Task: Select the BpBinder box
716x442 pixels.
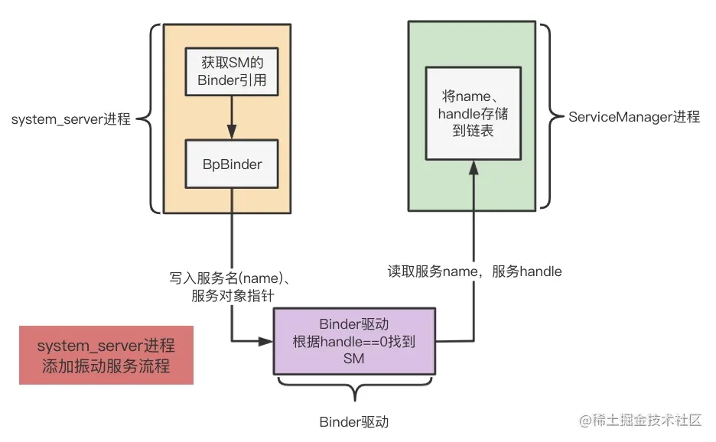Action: click(x=232, y=164)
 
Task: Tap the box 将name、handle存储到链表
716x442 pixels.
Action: click(x=473, y=114)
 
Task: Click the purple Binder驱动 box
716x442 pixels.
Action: click(x=354, y=341)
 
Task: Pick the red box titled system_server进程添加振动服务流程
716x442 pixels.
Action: click(x=106, y=356)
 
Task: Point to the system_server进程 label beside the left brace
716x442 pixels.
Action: click(x=71, y=119)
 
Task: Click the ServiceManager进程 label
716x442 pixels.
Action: click(x=634, y=117)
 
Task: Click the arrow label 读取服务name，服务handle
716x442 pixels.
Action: click(x=474, y=271)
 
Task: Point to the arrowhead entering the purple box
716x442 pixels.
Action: click(x=268, y=341)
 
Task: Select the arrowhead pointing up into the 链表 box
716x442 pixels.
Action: click(x=473, y=167)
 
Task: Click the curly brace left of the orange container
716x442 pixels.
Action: click(x=155, y=119)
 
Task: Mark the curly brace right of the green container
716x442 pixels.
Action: click(x=545, y=116)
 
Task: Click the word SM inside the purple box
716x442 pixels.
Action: click(x=354, y=358)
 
